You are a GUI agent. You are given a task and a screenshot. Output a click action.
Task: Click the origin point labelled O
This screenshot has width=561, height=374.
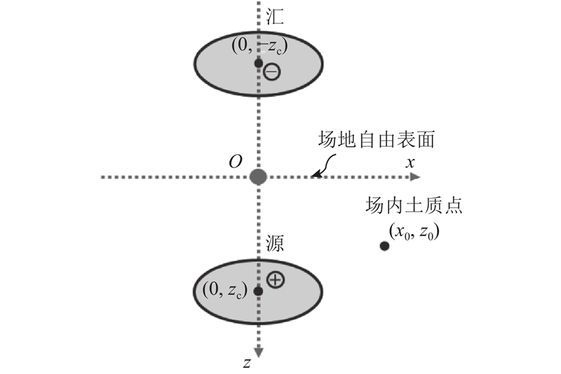click(x=258, y=177)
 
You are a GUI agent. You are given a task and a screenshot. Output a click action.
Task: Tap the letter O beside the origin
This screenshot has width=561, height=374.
click(x=236, y=162)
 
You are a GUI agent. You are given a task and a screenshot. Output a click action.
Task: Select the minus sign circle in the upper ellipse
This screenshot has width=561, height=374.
click(x=272, y=72)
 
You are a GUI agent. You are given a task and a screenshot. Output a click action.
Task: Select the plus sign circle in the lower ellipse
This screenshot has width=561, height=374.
click(x=276, y=279)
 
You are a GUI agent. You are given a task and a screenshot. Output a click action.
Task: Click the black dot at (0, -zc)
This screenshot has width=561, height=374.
click(x=258, y=63)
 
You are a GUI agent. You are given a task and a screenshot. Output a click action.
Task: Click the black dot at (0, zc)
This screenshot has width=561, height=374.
click(x=258, y=291)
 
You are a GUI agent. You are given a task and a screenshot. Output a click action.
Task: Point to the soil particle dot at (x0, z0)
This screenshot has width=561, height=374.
click(x=384, y=246)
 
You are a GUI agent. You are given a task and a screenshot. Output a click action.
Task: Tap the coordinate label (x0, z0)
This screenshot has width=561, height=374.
click(x=414, y=232)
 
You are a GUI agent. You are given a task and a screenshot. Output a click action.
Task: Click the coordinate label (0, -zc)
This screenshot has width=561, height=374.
click(x=259, y=46)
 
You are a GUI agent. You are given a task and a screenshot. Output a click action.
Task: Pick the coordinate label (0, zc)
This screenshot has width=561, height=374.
click(x=225, y=289)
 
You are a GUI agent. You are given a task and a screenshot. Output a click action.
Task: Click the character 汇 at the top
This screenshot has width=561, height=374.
click(x=275, y=16)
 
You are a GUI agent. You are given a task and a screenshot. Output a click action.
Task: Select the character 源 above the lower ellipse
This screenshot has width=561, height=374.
click(x=275, y=243)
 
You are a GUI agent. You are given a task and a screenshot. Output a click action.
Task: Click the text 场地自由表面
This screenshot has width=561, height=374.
click(x=377, y=139)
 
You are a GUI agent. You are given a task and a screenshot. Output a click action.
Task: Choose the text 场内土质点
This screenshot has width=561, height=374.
click(x=414, y=206)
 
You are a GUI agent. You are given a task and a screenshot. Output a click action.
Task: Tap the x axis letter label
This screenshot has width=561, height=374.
click(x=410, y=163)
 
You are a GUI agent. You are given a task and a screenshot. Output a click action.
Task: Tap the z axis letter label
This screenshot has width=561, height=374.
click(x=247, y=363)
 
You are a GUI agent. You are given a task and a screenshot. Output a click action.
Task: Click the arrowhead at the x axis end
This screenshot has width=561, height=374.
click(x=415, y=177)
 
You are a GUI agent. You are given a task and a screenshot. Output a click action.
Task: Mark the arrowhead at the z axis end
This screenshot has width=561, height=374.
click(x=258, y=352)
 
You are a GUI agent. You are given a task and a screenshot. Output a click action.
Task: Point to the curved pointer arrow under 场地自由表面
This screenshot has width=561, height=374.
click(x=324, y=166)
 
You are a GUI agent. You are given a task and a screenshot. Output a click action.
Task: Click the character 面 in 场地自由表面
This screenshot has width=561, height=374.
click(x=426, y=139)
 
